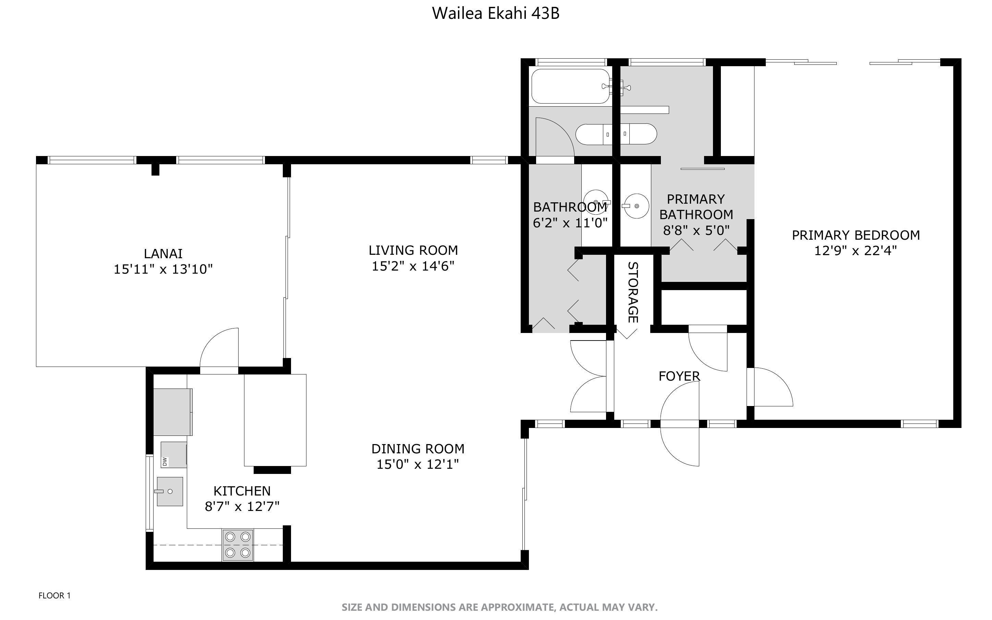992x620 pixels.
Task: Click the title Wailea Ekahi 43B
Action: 496,13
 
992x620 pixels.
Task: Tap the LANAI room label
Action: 163,254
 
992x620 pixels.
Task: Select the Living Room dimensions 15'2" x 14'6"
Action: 413,266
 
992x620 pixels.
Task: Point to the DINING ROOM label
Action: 418,449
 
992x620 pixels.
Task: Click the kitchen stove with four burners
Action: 238,545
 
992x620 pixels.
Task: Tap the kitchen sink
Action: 170,491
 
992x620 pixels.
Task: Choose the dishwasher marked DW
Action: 174,455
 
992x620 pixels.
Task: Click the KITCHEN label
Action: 242,491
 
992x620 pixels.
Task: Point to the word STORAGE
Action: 633,293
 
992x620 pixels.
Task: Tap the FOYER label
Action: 679,376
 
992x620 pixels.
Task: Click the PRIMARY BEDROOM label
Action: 856,235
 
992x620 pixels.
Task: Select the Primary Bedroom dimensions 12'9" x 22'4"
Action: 856,251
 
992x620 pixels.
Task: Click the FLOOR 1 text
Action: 55,595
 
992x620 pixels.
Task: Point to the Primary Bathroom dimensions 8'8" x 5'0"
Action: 697,230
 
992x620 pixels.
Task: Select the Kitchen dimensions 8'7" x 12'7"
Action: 242,506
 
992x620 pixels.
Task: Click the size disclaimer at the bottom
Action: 499,607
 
